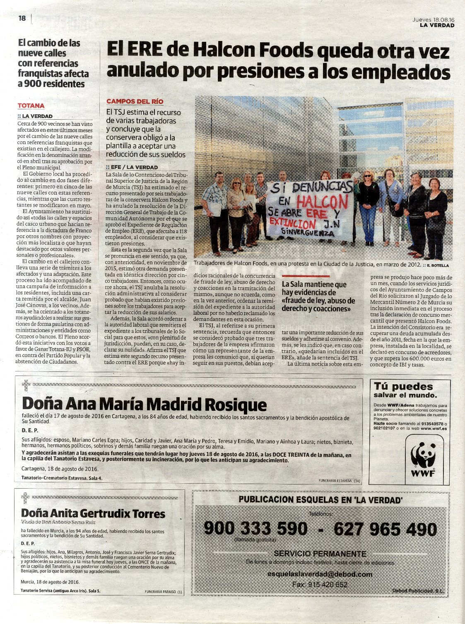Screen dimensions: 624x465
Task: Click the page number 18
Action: coord(22,18)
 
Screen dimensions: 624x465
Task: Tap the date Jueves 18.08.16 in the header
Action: coord(433,19)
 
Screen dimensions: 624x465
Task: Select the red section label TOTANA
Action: coord(31,106)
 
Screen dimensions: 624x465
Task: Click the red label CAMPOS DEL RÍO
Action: coord(135,101)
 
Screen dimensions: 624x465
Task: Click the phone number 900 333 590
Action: coord(255,529)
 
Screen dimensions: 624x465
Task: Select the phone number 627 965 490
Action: coord(385,529)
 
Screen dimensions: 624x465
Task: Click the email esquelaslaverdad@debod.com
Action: coord(320,574)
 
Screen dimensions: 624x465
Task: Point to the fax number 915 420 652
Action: coord(320,585)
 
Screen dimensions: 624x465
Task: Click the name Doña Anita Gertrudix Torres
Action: coord(93,514)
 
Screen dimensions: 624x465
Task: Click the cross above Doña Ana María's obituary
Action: coord(26,385)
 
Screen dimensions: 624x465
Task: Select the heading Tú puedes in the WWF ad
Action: coord(403,386)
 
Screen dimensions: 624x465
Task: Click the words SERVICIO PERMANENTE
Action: coord(320,554)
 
